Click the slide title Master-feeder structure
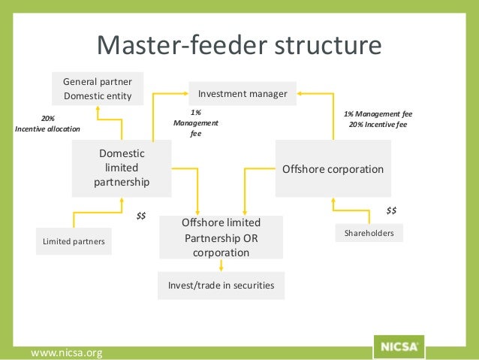[239, 46]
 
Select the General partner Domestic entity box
[97, 88]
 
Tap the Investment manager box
[243, 94]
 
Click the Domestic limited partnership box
[122, 168]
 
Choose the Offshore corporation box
[333, 169]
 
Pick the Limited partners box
[74, 241]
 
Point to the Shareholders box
[369, 234]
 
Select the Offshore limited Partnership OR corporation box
[221, 237]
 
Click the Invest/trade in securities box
[221, 285]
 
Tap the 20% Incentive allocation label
[47, 123]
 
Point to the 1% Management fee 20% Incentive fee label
[378, 119]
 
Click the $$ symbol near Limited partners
[140, 216]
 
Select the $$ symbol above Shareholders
[391, 210]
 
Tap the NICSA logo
[398, 347]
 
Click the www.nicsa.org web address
[66, 352]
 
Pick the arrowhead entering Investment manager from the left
[185, 93]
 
